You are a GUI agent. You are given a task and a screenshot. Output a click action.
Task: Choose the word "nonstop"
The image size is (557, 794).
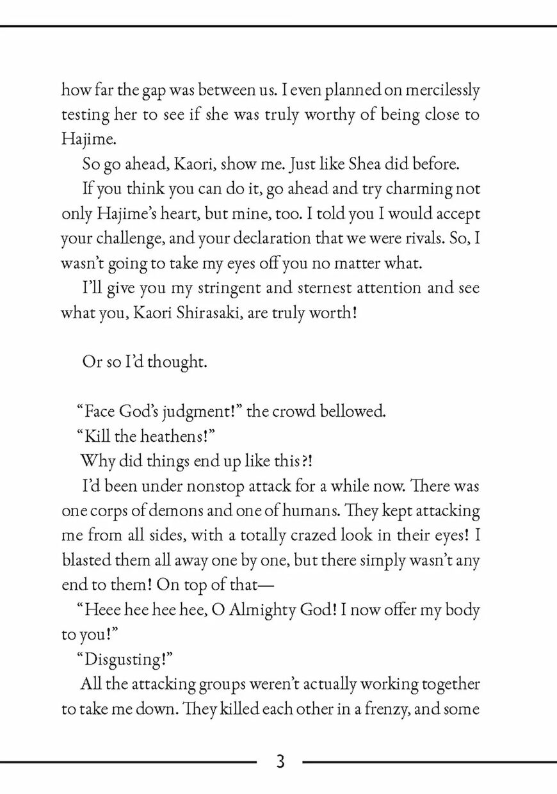point(216,485)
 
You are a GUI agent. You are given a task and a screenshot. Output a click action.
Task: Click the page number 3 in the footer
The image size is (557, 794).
point(280,762)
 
